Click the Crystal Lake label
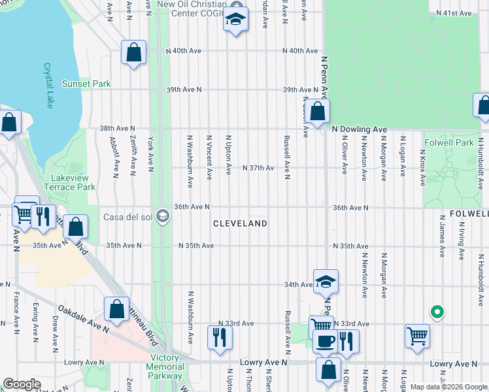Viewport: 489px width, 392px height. point(48,85)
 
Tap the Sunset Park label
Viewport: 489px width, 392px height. point(86,84)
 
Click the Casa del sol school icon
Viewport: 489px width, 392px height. point(163,217)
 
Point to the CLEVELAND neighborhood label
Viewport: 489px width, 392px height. point(241,223)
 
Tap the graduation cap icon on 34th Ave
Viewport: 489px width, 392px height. point(326,281)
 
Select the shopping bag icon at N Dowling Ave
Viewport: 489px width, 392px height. point(318,111)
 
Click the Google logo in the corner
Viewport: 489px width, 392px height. point(21,384)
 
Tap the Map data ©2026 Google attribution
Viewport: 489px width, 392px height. point(448,387)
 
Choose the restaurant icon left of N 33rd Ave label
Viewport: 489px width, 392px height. point(218,337)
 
